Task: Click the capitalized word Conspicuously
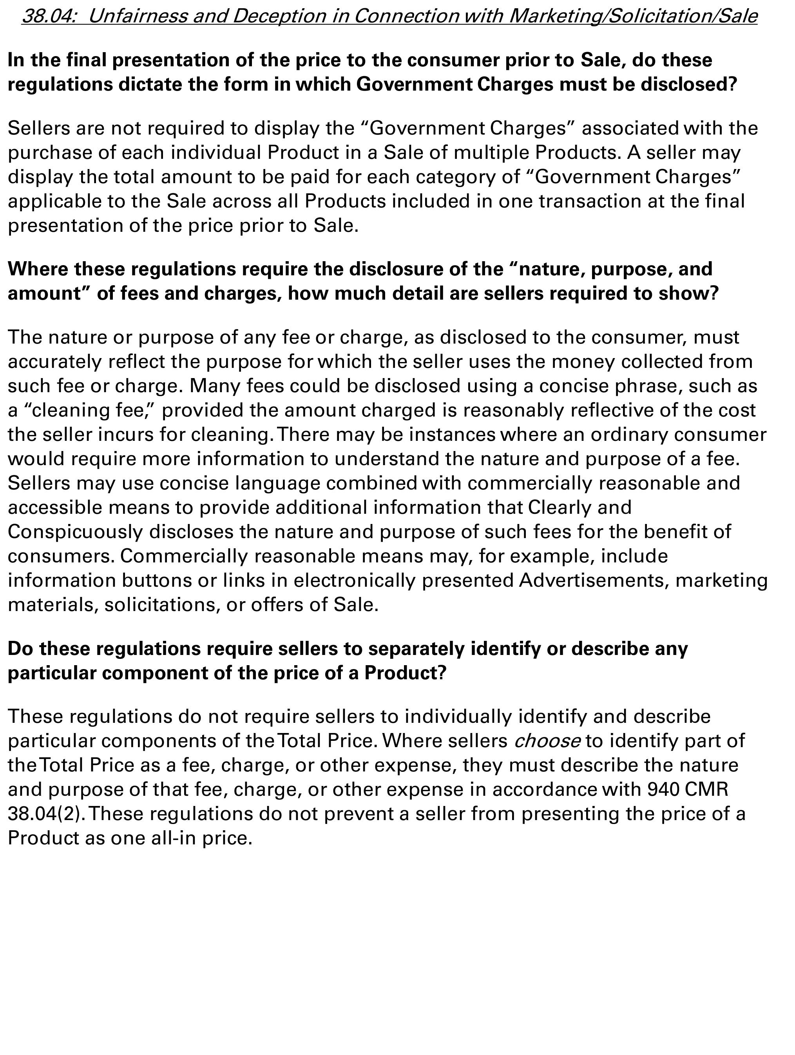coord(75,532)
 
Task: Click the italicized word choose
coord(547,741)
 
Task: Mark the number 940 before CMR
coord(663,789)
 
